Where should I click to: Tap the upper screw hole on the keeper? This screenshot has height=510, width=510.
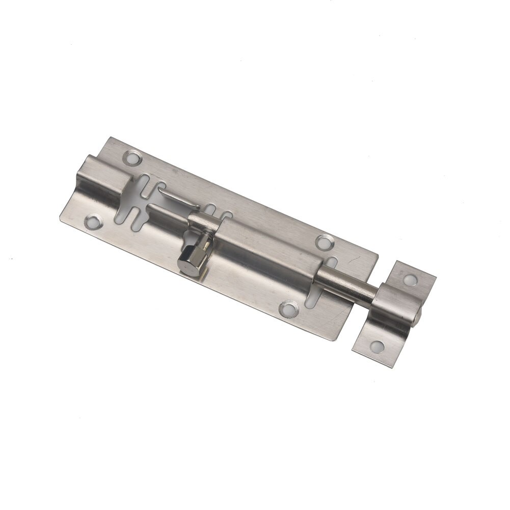coord(410,279)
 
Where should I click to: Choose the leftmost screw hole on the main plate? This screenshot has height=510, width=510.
coord(93,221)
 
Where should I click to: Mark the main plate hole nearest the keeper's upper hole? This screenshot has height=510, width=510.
coord(322,240)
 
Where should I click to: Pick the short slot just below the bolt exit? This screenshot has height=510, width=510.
coord(312,296)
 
